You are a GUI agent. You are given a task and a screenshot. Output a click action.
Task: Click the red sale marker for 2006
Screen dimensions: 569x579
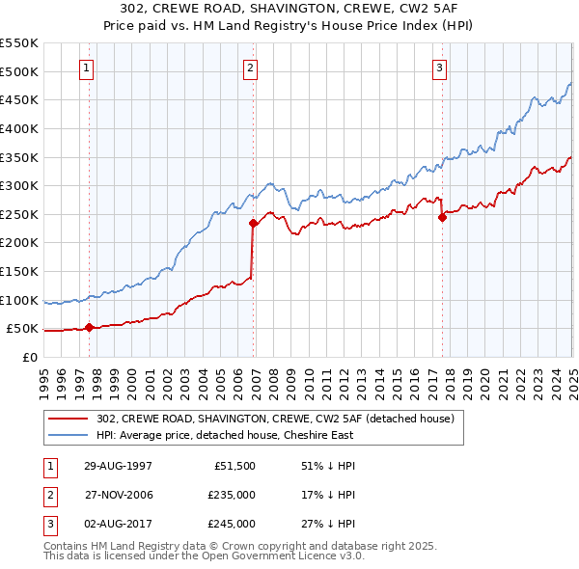click(x=254, y=223)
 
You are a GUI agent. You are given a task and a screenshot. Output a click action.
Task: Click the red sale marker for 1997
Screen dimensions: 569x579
click(x=90, y=327)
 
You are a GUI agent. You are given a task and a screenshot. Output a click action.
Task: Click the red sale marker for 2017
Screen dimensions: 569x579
click(x=443, y=217)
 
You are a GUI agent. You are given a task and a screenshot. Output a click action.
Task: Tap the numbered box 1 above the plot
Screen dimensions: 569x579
click(x=87, y=68)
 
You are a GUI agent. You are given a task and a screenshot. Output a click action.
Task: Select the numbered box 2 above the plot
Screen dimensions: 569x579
click(x=250, y=68)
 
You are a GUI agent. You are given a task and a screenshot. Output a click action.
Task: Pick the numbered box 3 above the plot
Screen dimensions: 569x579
click(x=439, y=68)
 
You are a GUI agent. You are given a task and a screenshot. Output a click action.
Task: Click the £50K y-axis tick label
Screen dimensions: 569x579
click(x=23, y=329)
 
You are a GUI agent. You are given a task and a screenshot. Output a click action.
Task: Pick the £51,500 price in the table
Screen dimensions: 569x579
click(x=234, y=465)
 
